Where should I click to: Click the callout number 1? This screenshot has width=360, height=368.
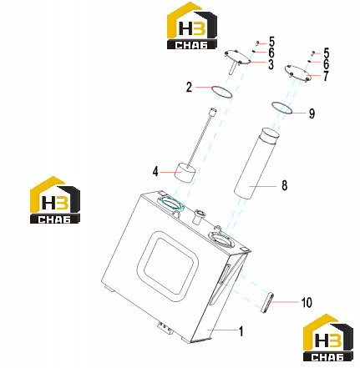tap(241, 331)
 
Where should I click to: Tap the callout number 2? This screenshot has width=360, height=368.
tap(189, 87)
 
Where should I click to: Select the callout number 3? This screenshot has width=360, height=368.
tap(271, 64)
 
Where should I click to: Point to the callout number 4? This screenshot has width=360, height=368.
tap(155, 171)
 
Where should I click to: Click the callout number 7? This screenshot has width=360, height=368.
tap(326, 75)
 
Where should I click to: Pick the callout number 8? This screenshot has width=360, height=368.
tap(284, 185)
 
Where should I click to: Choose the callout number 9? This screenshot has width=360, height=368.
tap(312, 113)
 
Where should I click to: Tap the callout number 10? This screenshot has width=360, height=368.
tap(307, 302)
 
